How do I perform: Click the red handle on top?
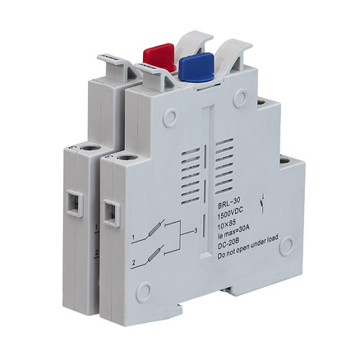click(159, 57)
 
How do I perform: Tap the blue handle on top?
click(196, 67)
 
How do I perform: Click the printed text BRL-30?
click(229, 204)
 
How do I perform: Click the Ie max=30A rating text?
click(235, 228)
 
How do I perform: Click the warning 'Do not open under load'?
click(247, 247)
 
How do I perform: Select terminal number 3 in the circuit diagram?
click(196, 231)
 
